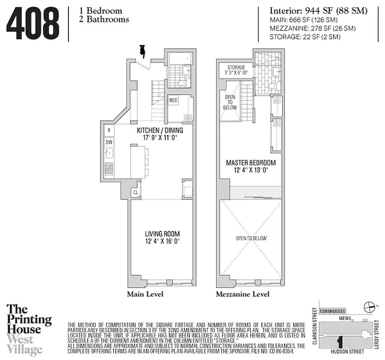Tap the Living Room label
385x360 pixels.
point(162,234)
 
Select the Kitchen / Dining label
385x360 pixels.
point(157,130)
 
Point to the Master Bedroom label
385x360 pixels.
point(250,163)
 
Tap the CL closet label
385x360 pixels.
point(135,192)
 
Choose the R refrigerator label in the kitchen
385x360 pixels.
point(109,130)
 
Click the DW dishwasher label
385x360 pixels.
point(109,142)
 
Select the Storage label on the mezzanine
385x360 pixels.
point(236,67)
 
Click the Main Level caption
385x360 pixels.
point(145,294)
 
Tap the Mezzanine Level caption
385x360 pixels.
point(242,294)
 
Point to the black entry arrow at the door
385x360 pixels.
point(142,51)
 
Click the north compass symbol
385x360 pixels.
point(370,307)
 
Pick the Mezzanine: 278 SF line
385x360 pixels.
point(313,28)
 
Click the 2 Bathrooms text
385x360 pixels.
point(101,19)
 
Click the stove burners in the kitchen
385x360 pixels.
point(109,168)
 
